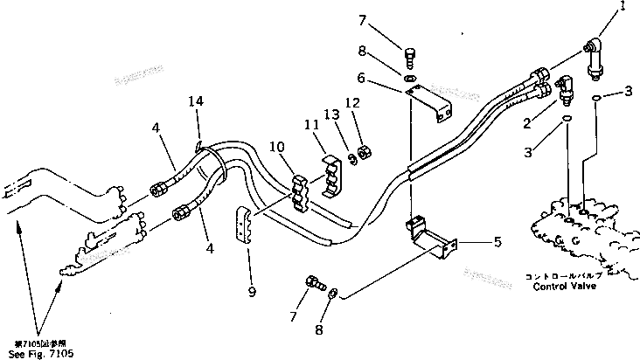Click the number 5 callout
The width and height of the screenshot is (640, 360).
pos(497,242)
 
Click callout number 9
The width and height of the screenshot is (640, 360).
pos(251,292)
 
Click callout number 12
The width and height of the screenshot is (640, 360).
pos(351,102)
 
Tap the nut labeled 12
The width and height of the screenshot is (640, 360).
pos(367,152)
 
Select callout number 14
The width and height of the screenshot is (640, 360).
pos(197,102)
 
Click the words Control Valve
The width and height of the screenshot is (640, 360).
pos(561,285)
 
